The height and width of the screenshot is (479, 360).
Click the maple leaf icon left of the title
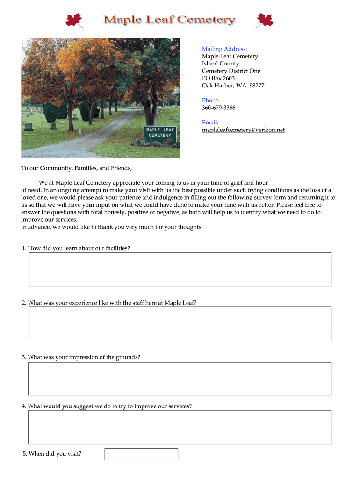[x=74, y=20]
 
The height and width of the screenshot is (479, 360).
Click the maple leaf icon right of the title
[x=265, y=20]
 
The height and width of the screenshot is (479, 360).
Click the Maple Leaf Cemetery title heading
[x=169, y=20]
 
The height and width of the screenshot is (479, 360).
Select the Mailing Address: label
[x=224, y=49]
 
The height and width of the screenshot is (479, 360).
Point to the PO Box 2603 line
[x=218, y=78]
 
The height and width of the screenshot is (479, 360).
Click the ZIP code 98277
[x=257, y=86]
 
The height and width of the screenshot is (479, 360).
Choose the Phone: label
[x=211, y=100]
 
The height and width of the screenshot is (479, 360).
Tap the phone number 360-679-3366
[x=218, y=108]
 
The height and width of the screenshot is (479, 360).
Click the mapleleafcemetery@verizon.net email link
[x=243, y=130]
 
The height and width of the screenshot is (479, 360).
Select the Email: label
[x=210, y=122]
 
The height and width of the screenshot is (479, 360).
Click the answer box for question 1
[x=180, y=269]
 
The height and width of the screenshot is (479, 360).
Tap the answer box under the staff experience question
[x=180, y=324]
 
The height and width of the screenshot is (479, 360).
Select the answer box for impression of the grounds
[x=180, y=378]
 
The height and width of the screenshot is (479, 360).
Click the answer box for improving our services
[x=180, y=428]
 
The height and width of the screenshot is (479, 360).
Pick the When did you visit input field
[x=141, y=454]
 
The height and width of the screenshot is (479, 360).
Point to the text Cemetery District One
[x=231, y=71]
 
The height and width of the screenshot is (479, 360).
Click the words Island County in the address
[x=220, y=64]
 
